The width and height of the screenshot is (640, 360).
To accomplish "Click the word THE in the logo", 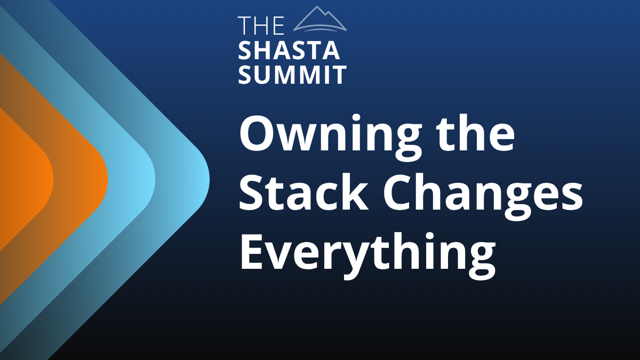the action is pyautogui.click(x=261, y=26).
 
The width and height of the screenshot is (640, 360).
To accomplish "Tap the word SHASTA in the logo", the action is pyautogui.click(x=289, y=50).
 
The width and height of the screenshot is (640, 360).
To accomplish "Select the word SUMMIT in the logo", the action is pyautogui.click(x=292, y=75).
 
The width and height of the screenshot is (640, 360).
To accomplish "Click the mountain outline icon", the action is pyautogui.click(x=320, y=19).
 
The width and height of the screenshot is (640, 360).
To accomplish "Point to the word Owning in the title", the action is pyautogui.click(x=331, y=138).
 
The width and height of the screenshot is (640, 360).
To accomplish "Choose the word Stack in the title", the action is pyautogui.click(x=303, y=191).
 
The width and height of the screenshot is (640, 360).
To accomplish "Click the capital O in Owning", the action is pyautogui.click(x=257, y=133).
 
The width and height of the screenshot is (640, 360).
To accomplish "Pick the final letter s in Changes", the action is pyautogui.click(x=571, y=197).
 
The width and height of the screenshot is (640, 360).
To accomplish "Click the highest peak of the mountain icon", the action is pyautogui.click(x=317, y=7).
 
